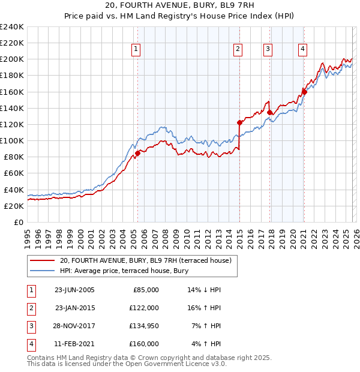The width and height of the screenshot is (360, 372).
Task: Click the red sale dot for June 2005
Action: point(137,153)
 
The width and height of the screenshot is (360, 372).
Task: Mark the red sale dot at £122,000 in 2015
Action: point(239,122)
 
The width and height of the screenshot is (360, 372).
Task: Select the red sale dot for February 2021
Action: point(304,92)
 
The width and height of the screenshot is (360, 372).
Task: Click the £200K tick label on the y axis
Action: point(12,59)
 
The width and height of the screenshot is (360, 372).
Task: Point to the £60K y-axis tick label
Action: point(14,173)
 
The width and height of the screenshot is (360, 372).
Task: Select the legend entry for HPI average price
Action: point(124,271)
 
